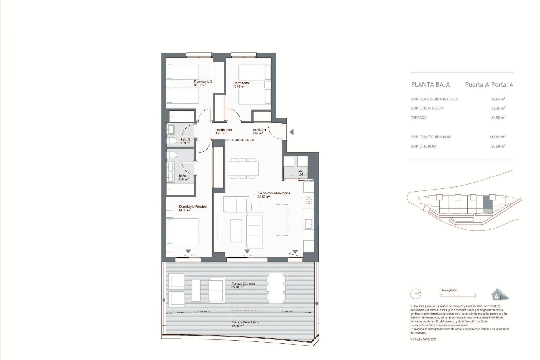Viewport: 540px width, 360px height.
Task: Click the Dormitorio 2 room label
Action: (203, 82)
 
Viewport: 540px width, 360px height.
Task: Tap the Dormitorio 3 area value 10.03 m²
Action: (239, 87)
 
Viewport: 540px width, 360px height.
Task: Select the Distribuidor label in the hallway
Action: (224, 130)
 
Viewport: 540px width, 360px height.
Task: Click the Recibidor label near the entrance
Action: (260, 130)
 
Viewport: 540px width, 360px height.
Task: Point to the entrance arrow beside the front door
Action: (292, 132)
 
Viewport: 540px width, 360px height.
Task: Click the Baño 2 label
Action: (185, 139)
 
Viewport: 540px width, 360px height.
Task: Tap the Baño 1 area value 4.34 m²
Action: (184, 179)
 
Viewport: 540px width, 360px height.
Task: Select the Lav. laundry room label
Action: (300, 171)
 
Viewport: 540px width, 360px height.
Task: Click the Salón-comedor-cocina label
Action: (274, 193)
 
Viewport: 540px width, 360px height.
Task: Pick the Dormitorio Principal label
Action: (193, 206)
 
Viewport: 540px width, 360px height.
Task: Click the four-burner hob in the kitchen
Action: (309, 200)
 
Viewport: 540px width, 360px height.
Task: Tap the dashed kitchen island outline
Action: (282, 220)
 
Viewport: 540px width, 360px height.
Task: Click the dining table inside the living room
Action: (243, 168)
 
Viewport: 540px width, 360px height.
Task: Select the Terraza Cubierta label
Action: (243, 283)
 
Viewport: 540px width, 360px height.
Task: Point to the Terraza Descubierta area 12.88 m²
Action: (237, 326)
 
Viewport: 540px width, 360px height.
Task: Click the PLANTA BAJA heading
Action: (430, 85)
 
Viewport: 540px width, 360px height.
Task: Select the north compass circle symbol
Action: (416, 294)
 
